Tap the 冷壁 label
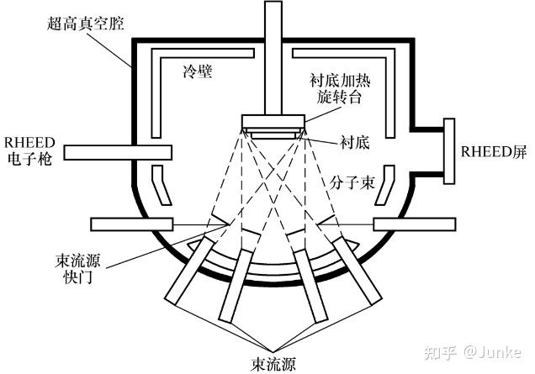196,71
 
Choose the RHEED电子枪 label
29,150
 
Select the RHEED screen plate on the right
449,152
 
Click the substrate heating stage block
273,121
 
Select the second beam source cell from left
239,285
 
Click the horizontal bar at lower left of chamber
131,225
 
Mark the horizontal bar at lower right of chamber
415,225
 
